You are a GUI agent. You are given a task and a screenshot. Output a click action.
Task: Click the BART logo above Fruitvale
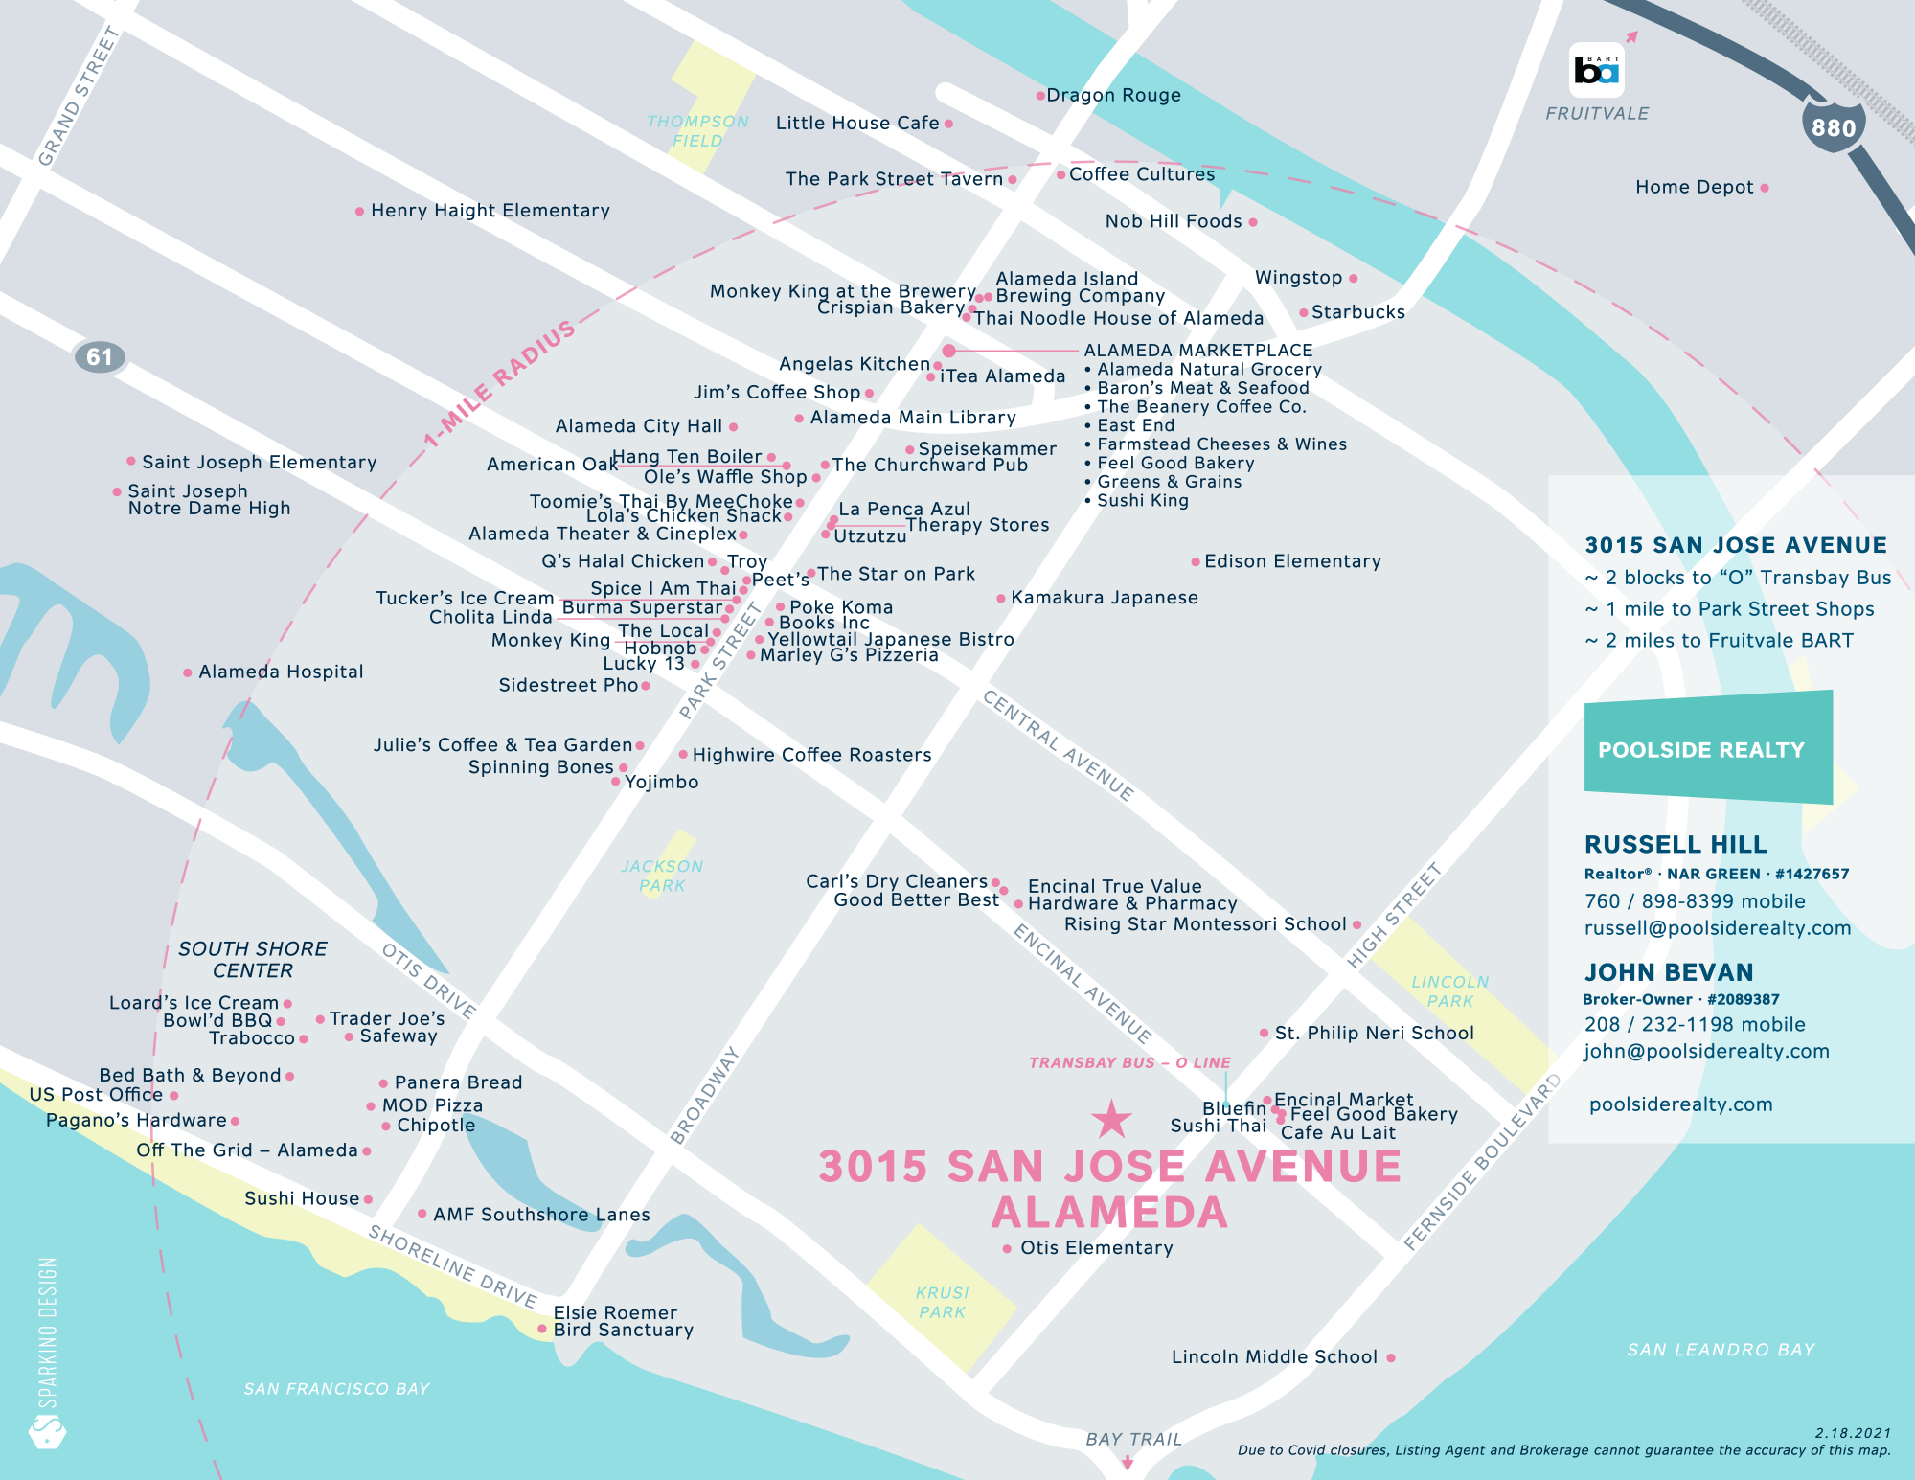point(1596,70)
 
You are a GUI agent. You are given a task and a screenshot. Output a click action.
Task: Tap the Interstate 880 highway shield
point(1833,126)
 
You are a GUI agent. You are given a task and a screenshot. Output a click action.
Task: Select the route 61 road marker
point(100,357)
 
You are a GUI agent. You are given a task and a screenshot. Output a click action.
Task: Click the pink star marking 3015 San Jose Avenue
point(1111,1119)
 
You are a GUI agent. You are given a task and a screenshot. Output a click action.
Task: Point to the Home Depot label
point(1694,187)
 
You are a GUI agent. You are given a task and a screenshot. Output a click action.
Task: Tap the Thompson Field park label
point(697,131)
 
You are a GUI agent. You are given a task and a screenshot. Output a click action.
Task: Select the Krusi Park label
point(942,1303)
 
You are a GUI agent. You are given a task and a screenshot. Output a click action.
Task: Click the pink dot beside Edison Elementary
point(1195,561)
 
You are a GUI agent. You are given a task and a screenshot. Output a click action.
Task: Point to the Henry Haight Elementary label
point(490,210)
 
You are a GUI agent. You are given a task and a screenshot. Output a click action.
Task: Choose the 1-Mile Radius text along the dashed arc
point(500,383)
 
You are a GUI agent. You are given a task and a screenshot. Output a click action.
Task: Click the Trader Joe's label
point(387,1018)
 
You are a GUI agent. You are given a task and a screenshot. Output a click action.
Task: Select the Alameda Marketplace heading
point(1197,351)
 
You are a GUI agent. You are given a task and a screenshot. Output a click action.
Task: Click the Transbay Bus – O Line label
point(1129,1062)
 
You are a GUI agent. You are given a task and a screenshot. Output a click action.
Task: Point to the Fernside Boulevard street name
point(1481,1162)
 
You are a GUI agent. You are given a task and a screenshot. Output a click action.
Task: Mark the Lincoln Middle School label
point(1274,1356)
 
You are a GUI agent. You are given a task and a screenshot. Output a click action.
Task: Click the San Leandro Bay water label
point(1721,1350)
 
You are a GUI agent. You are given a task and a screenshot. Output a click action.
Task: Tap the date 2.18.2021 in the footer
point(1853,1433)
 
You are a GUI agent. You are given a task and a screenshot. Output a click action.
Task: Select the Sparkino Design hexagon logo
point(47,1433)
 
